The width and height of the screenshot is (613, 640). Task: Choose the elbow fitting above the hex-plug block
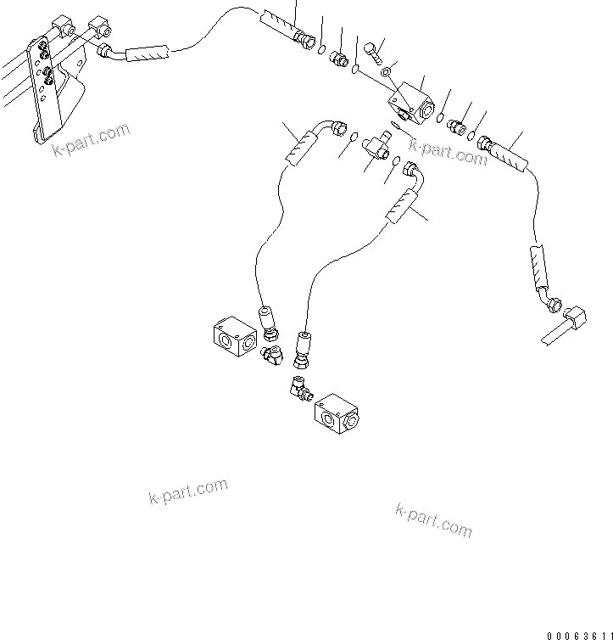coord(301,390)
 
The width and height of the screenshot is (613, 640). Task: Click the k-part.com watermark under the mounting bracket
coord(91,141)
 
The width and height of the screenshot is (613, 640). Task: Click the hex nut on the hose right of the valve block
coord(487,143)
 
